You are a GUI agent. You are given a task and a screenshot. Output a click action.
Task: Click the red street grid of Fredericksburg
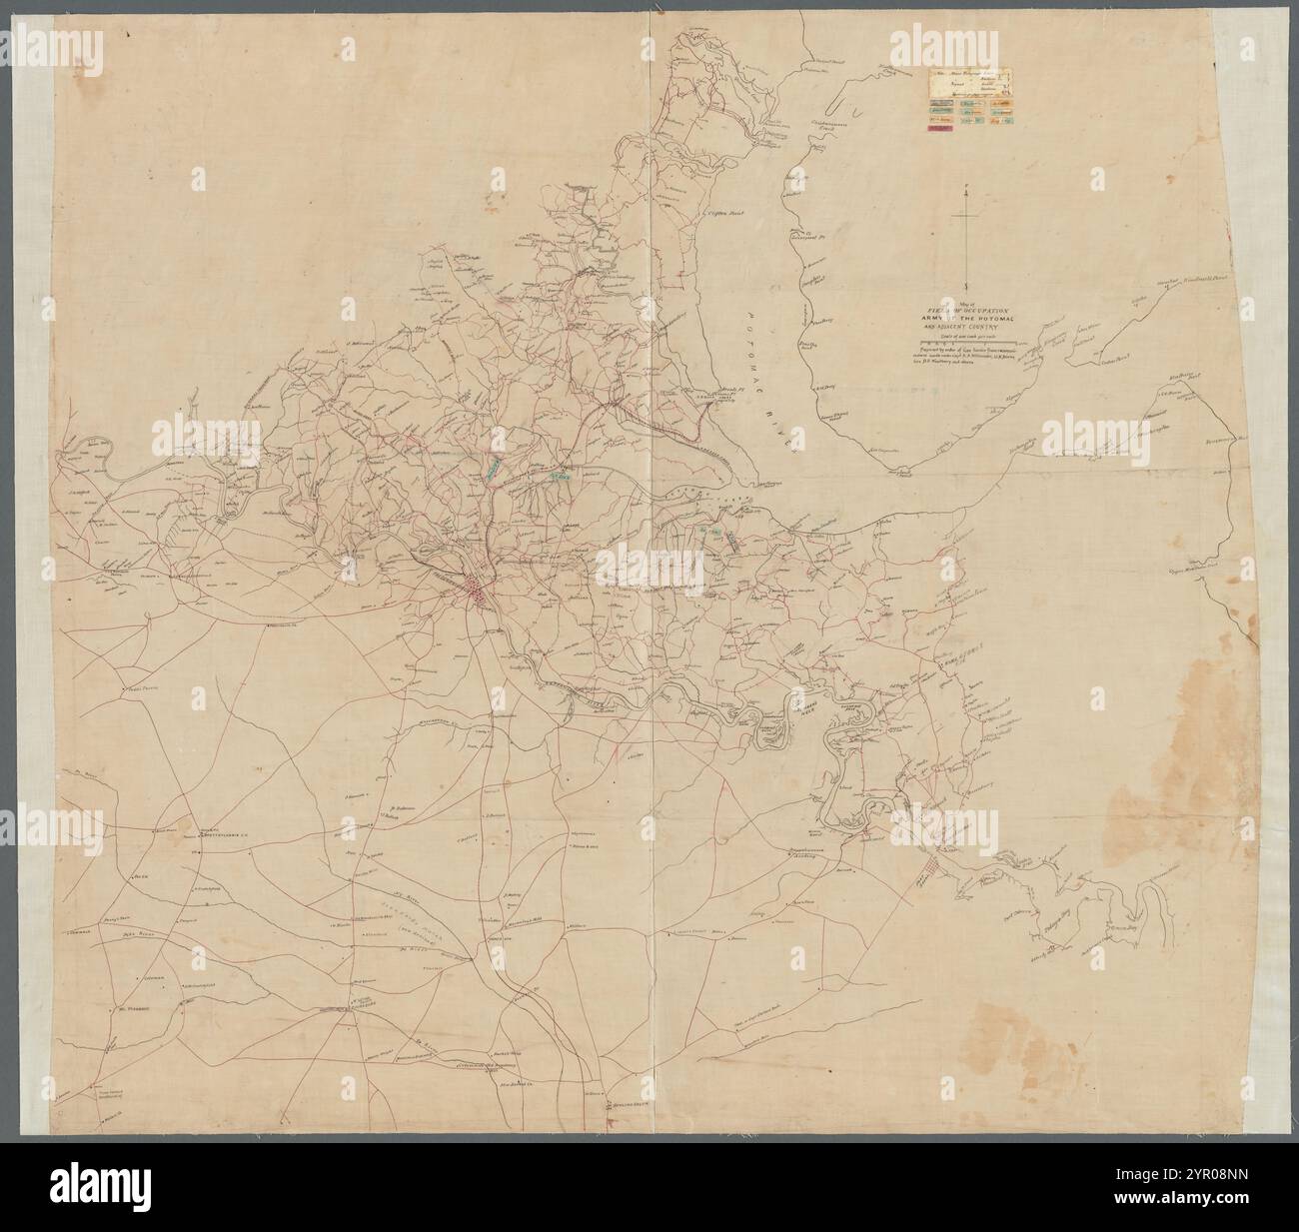(476, 590)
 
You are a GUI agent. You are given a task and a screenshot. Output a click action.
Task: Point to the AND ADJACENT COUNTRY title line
(967, 325)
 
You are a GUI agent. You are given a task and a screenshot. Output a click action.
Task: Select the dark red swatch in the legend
(939, 138)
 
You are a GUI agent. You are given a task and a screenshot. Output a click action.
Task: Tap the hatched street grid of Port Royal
(931, 869)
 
